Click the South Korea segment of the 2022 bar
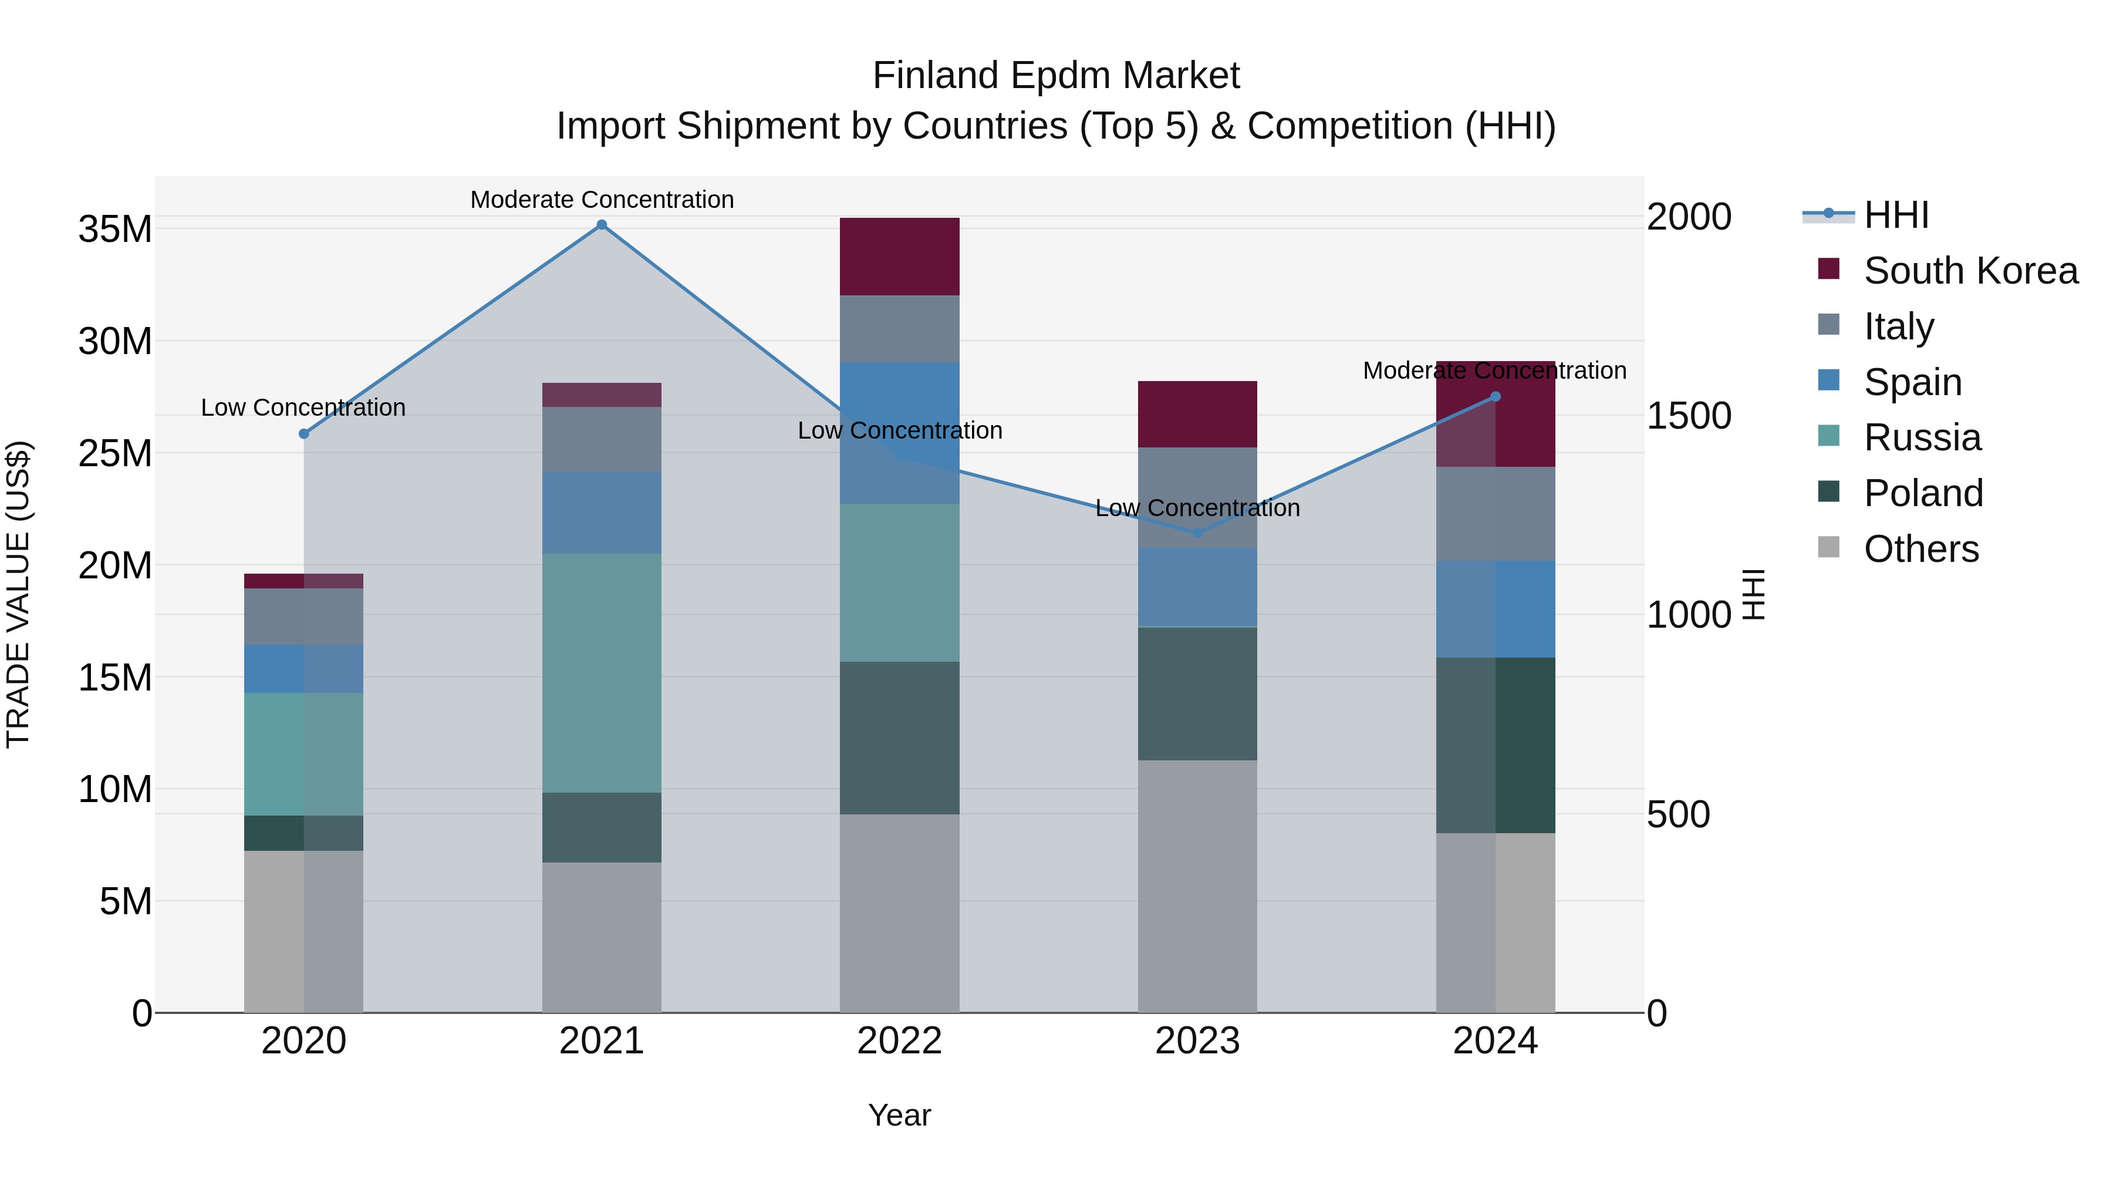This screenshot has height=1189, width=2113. [x=899, y=256]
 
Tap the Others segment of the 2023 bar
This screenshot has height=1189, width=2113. [x=1197, y=885]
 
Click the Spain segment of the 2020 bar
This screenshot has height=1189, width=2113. [x=303, y=668]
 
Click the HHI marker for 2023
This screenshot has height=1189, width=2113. [x=1197, y=533]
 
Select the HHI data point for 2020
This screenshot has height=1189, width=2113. [x=303, y=433]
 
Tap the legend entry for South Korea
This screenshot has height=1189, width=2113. [x=1969, y=271]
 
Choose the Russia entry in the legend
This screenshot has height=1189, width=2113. [x=1921, y=437]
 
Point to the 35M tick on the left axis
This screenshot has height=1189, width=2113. [x=115, y=229]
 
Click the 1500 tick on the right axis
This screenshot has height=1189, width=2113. [x=1689, y=416]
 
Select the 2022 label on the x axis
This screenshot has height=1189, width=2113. [x=899, y=1041]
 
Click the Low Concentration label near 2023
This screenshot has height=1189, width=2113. [x=1197, y=508]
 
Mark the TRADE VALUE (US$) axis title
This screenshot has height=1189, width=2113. [x=18, y=594]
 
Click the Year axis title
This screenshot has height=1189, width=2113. [x=899, y=1115]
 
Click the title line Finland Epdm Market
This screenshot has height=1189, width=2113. [x=1056, y=76]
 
